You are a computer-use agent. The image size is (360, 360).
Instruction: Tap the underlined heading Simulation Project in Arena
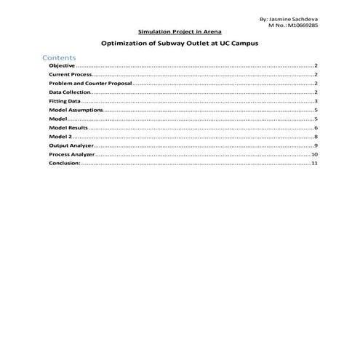coord(180,32)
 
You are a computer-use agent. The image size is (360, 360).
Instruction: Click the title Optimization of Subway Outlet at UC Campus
coord(180,44)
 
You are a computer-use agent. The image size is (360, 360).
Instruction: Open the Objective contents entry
coord(61,66)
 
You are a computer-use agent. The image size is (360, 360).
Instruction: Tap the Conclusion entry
coord(65,163)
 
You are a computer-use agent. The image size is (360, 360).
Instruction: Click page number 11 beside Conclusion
coord(314,163)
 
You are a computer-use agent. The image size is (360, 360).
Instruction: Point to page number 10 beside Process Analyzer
coord(314,154)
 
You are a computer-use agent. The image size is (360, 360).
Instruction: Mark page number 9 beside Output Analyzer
coord(316,145)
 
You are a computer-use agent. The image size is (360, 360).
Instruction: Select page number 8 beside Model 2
coord(316,137)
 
